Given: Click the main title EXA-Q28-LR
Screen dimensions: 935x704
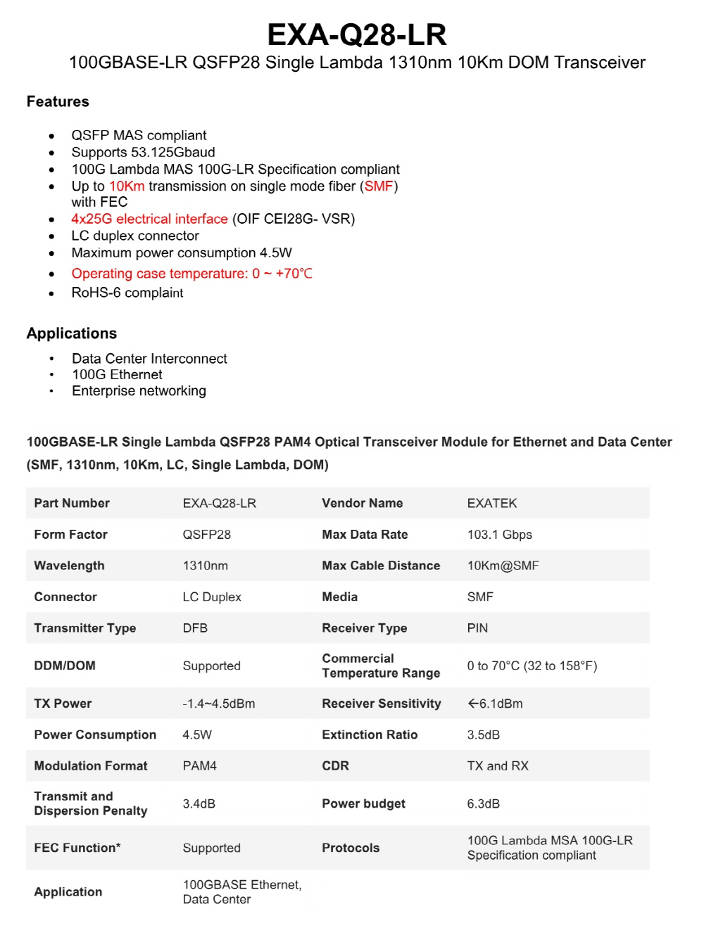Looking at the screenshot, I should [357, 34].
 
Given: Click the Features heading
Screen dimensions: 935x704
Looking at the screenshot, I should [58, 102].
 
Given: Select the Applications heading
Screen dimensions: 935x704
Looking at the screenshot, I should [72, 333].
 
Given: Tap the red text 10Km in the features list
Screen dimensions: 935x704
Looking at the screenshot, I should [127, 186].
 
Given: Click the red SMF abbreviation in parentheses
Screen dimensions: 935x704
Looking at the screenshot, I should [379, 186].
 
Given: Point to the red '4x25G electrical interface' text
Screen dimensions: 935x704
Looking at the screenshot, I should [149, 219].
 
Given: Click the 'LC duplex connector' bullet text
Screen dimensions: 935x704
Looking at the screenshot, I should [135, 236].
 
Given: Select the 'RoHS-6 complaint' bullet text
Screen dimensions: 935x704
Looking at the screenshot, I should [127, 293].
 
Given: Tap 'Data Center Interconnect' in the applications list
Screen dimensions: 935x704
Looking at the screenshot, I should [149, 359].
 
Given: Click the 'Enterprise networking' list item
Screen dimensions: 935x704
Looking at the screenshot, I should [139, 391].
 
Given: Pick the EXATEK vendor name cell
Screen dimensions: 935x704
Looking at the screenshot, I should [492, 503].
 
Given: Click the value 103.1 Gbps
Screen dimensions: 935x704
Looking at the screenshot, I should [500, 535].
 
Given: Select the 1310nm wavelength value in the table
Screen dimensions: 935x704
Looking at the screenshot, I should [206, 566].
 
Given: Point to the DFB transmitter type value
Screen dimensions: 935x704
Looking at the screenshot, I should [195, 628].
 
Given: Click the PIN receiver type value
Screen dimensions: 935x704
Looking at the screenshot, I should [477, 628].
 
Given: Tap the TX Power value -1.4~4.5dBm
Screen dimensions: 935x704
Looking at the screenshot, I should [219, 704].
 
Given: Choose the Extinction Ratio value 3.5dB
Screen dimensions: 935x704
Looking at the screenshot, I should [484, 735].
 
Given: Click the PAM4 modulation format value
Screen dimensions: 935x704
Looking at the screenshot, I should [200, 766].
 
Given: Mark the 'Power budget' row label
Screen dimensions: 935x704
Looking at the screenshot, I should [363, 803].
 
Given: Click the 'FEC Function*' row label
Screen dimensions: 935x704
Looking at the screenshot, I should [77, 848].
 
